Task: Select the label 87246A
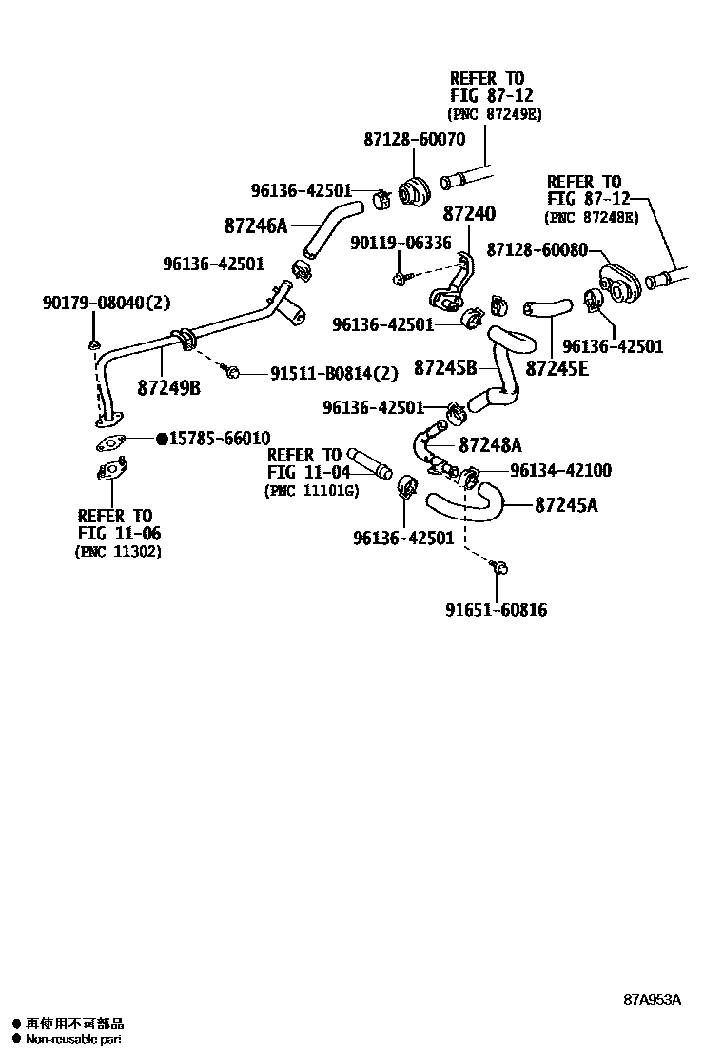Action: [256, 226]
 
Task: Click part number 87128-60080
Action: [537, 248]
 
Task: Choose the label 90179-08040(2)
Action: [106, 303]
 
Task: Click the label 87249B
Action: [168, 387]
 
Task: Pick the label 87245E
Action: [557, 366]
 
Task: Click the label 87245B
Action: [444, 366]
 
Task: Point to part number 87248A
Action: [490, 444]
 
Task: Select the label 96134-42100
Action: [560, 470]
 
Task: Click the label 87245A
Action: [566, 505]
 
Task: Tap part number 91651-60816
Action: [497, 610]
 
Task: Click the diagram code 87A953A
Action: [653, 999]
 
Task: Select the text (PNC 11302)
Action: [117, 551]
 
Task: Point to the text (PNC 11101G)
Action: [311, 490]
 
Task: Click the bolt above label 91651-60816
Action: [498, 568]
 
